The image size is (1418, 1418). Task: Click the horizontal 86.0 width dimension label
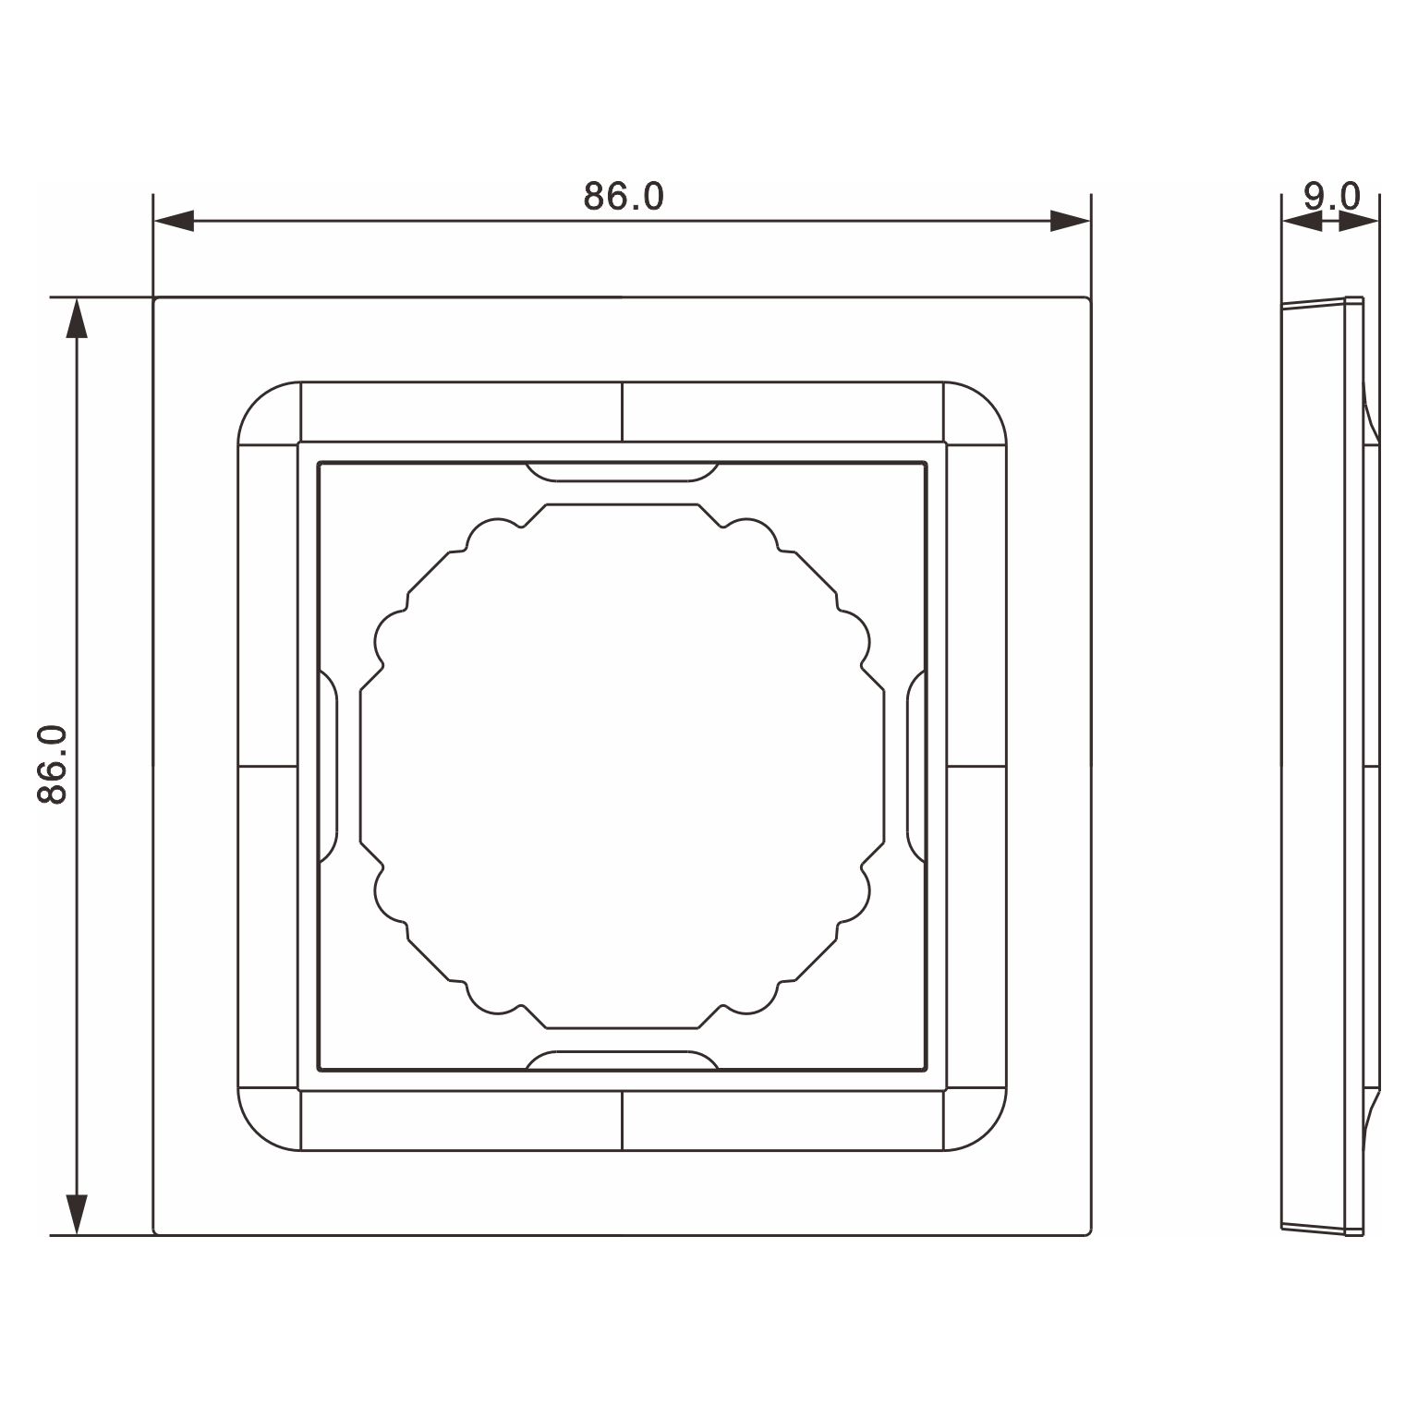624,196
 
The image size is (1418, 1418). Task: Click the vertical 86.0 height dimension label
54,764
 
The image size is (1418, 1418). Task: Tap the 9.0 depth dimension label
1332,196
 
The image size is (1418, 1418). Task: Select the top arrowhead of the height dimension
78,318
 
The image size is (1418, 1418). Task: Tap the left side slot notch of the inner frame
328,766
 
